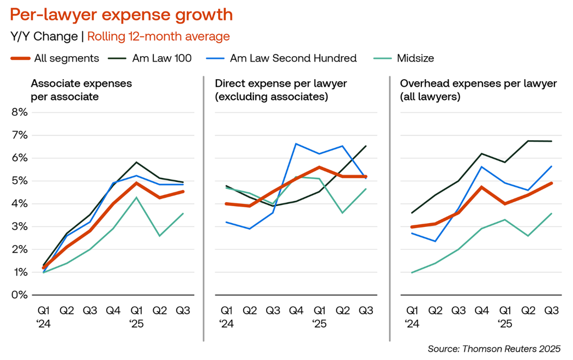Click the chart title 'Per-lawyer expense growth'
tap(121, 15)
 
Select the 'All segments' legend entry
tap(66, 58)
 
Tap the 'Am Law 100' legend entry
tap(162, 58)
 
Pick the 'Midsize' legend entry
tap(415, 58)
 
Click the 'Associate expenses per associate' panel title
tap(81, 90)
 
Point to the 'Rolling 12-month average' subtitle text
tap(159, 37)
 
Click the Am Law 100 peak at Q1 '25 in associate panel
tap(136, 162)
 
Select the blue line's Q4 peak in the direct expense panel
tap(295, 143)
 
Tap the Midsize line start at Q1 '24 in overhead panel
tap(412, 272)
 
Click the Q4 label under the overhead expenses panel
tap(481, 310)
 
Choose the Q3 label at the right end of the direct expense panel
tap(365, 310)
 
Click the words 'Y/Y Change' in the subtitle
tap(44, 37)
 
